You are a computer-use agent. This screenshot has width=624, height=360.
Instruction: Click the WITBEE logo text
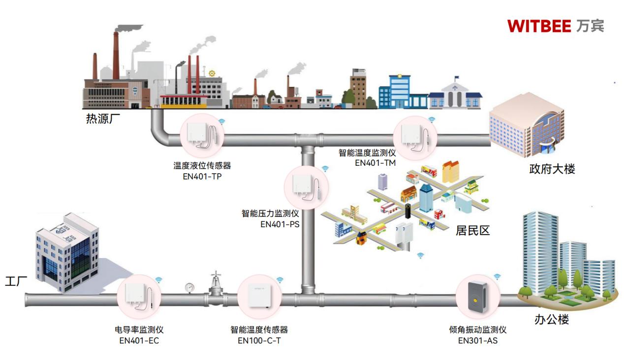point(539,26)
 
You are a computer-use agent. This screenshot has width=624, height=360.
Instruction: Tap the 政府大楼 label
point(552,169)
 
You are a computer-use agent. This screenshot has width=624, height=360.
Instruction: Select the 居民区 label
point(472,230)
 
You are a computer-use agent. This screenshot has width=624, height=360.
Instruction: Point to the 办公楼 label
point(551,320)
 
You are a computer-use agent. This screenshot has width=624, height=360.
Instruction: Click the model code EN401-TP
point(202,177)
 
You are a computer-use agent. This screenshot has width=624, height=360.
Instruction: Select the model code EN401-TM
point(375,163)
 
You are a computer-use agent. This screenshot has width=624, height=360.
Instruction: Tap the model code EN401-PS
point(280,224)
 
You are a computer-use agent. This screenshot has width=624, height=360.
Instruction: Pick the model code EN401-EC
point(139,340)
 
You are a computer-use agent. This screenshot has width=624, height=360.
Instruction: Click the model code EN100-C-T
point(259,340)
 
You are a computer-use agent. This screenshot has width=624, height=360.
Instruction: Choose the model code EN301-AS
point(477,340)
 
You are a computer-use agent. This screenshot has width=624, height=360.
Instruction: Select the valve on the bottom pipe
point(215,285)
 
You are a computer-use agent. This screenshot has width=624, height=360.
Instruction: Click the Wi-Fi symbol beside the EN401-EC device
point(159,280)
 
